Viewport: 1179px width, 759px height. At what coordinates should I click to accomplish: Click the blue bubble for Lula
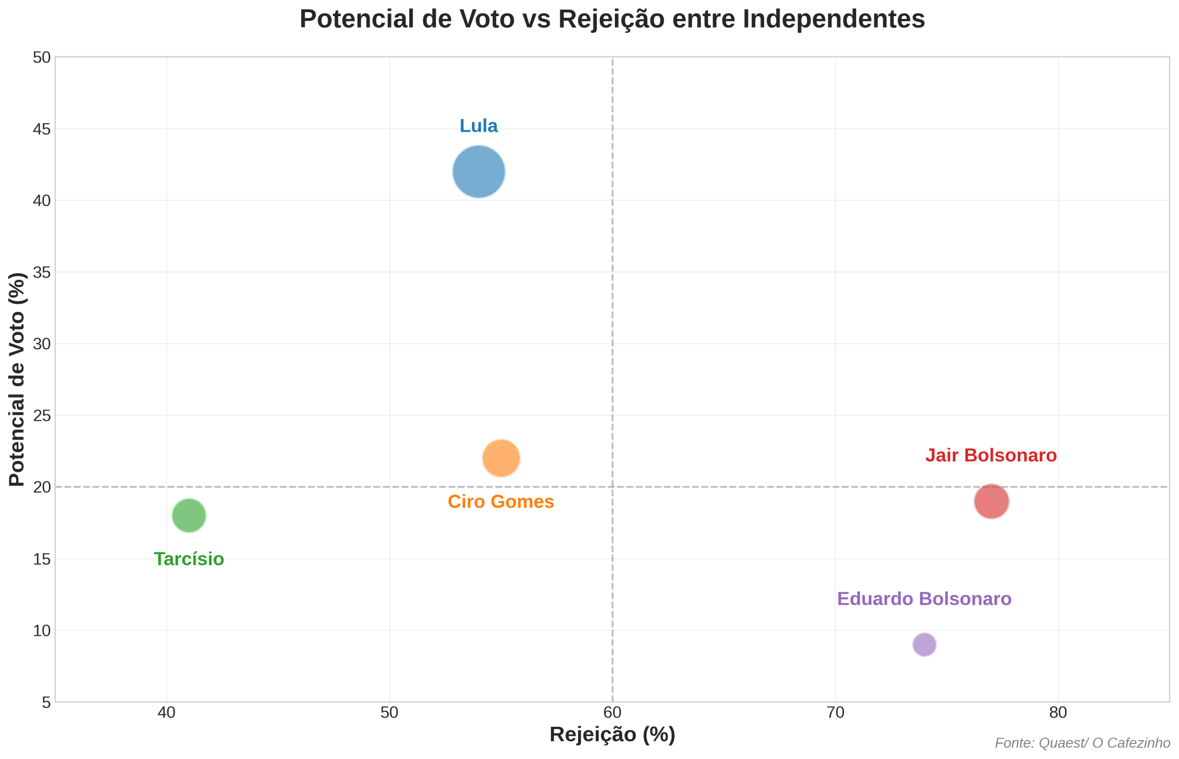click(x=478, y=171)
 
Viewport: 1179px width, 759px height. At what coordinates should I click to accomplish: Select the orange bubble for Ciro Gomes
click(x=501, y=458)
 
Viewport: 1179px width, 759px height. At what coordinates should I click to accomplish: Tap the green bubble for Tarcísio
click(x=189, y=515)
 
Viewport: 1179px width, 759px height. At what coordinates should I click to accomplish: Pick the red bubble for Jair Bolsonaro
click(x=991, y=501)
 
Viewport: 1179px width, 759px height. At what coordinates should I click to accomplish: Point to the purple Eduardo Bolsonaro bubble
click(x=924, y=644)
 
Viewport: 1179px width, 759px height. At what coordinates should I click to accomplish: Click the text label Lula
click(x=478, y=126)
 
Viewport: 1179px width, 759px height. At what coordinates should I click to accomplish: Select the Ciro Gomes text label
click(x=501, y=502)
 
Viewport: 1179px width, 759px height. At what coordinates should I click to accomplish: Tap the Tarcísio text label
click(x=189, y=559)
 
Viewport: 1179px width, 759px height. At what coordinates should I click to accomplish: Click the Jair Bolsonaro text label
click(x=991, y=456)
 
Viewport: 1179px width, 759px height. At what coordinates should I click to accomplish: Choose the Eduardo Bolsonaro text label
click(x=924, y=599)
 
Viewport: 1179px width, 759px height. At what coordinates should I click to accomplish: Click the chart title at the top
click(x=612, y=19)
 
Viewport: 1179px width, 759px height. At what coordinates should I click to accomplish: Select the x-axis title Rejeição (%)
click(x=612, y=735)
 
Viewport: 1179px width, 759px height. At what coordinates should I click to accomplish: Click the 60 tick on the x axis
click(x=612, y=712)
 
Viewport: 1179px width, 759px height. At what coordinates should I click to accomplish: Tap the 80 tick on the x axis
click(x=1058, y=712)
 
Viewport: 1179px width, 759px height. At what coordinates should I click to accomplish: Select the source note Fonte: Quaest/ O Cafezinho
click(x=1082, y=743)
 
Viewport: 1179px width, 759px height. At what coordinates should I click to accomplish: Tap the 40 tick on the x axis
click(x=166, y=712)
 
